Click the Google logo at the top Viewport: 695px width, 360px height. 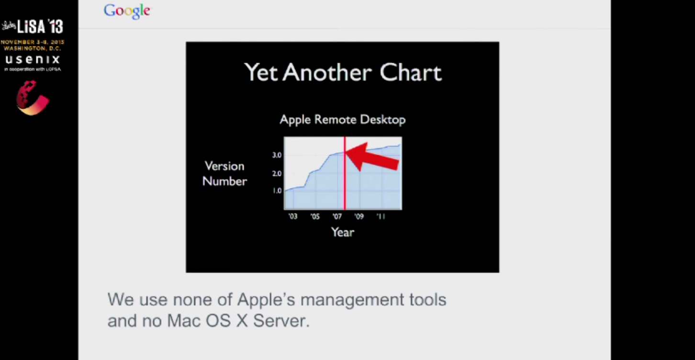coord(127,11)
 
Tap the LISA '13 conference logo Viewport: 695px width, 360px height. coord(33,26)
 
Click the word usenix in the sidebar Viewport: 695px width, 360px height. coord(33,59)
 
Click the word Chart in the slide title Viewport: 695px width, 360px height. coord(411,73)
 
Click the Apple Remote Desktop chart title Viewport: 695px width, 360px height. coord(342,119)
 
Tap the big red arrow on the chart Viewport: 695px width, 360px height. coord(373,156)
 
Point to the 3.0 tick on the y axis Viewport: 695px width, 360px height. coord(277,155)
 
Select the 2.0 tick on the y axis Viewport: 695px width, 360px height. coord(277,173)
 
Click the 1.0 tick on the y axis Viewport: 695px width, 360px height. coord(277,191)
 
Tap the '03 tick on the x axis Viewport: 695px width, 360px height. coord(292,216)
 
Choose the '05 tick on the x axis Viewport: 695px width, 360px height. coord(314,216)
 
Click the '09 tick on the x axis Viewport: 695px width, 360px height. coord(359,216)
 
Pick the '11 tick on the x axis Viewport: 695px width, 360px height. coord(381,216)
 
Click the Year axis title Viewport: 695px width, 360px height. coord(343,232)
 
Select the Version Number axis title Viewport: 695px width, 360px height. coord(224,173)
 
